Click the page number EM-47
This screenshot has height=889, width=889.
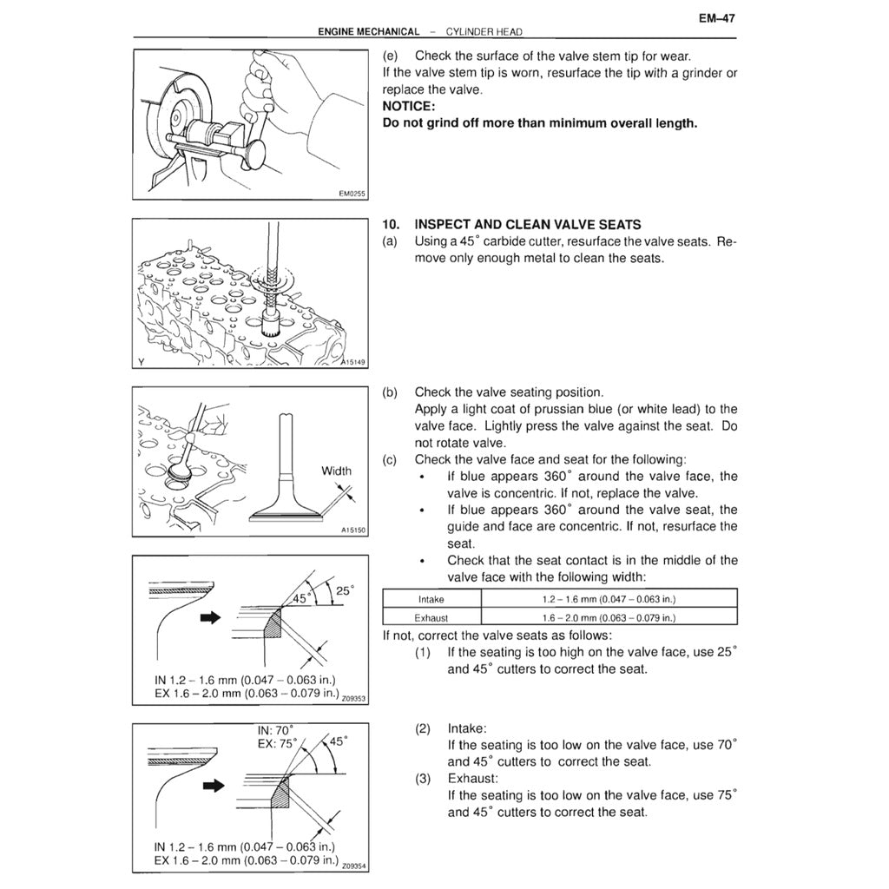717,16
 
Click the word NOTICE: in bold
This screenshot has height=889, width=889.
412,106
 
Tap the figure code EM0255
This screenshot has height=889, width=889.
352,194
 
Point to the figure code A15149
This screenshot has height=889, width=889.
352,363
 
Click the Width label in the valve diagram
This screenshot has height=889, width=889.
337,471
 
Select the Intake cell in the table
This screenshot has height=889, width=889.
431,599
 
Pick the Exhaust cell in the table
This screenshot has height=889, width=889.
431,618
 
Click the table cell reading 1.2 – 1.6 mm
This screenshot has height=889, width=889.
609,599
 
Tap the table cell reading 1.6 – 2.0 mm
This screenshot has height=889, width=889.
609,618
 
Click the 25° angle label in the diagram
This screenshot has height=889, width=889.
345,590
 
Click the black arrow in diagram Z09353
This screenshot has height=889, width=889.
212,618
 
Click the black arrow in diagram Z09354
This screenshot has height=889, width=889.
212,786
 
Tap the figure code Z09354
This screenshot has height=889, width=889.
355,866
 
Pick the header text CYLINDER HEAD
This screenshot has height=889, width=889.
484,32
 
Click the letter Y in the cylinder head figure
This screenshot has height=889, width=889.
141,362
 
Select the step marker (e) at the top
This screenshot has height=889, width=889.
392,56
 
